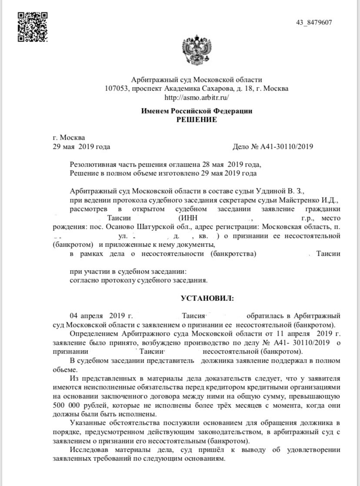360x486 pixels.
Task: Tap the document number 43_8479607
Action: pos(314,23)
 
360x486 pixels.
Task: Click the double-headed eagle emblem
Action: pos(197,52)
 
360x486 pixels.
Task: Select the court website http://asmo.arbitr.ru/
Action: pos(197,97)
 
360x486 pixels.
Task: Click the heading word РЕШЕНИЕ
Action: pos(197,120)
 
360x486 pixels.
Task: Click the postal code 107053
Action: pos(116,88)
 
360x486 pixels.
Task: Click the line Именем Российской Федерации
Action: pos(197,111)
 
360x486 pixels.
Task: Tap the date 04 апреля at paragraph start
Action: pos(86,316)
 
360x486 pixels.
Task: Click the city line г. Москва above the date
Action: pos(69,138)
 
